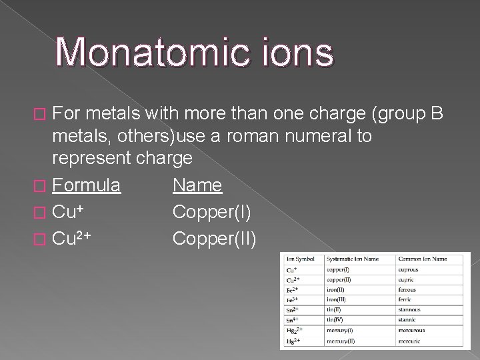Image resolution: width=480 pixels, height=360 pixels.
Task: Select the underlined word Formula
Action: point(86,185)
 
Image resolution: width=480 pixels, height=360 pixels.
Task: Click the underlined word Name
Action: point(197,185)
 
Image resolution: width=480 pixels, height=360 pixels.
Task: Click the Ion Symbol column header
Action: point(301,259)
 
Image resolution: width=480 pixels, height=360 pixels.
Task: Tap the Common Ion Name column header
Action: point(423,259)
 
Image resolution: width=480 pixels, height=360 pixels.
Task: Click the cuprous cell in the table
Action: point(408,269)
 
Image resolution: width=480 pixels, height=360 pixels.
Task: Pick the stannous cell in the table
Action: point(409,309)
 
